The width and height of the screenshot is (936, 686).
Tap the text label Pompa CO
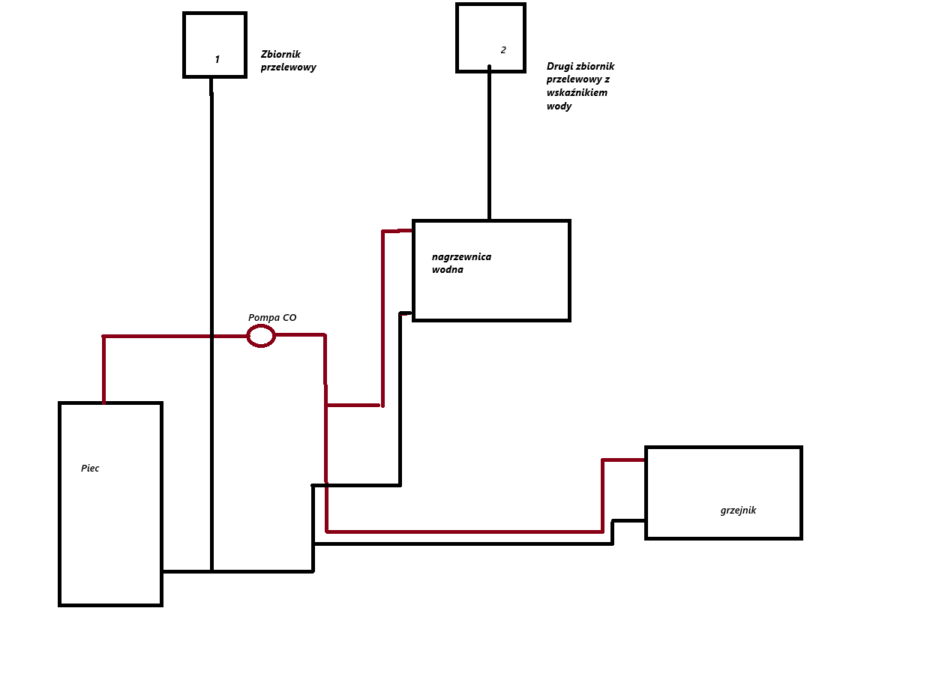pos(272,318)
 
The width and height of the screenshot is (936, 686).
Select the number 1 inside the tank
pos(217,59)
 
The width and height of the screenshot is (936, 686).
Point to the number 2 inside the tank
pos(503,50)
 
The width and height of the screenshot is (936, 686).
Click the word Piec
pos(90,469)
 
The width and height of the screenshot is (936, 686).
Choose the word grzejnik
pos(738,511)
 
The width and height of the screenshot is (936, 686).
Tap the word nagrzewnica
pos(461,257)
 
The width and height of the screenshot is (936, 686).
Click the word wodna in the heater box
pos(447,270)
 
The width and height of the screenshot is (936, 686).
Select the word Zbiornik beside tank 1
pos(280,54)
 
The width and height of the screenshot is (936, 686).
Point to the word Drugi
pos(559,67)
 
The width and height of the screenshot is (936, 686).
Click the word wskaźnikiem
pos(577,93)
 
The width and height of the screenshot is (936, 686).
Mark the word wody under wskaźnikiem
pos(559,106)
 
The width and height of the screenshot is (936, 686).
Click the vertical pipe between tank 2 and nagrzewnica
pos(489,142)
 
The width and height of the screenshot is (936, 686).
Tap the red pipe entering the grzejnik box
pos(602,496)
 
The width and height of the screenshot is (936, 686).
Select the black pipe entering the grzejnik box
pos(612,532)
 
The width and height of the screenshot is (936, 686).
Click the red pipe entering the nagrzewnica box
pos(382,319)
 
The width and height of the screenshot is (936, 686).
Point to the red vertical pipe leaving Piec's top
pos(103,370)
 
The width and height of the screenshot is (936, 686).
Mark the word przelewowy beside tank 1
pos(288,67)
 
